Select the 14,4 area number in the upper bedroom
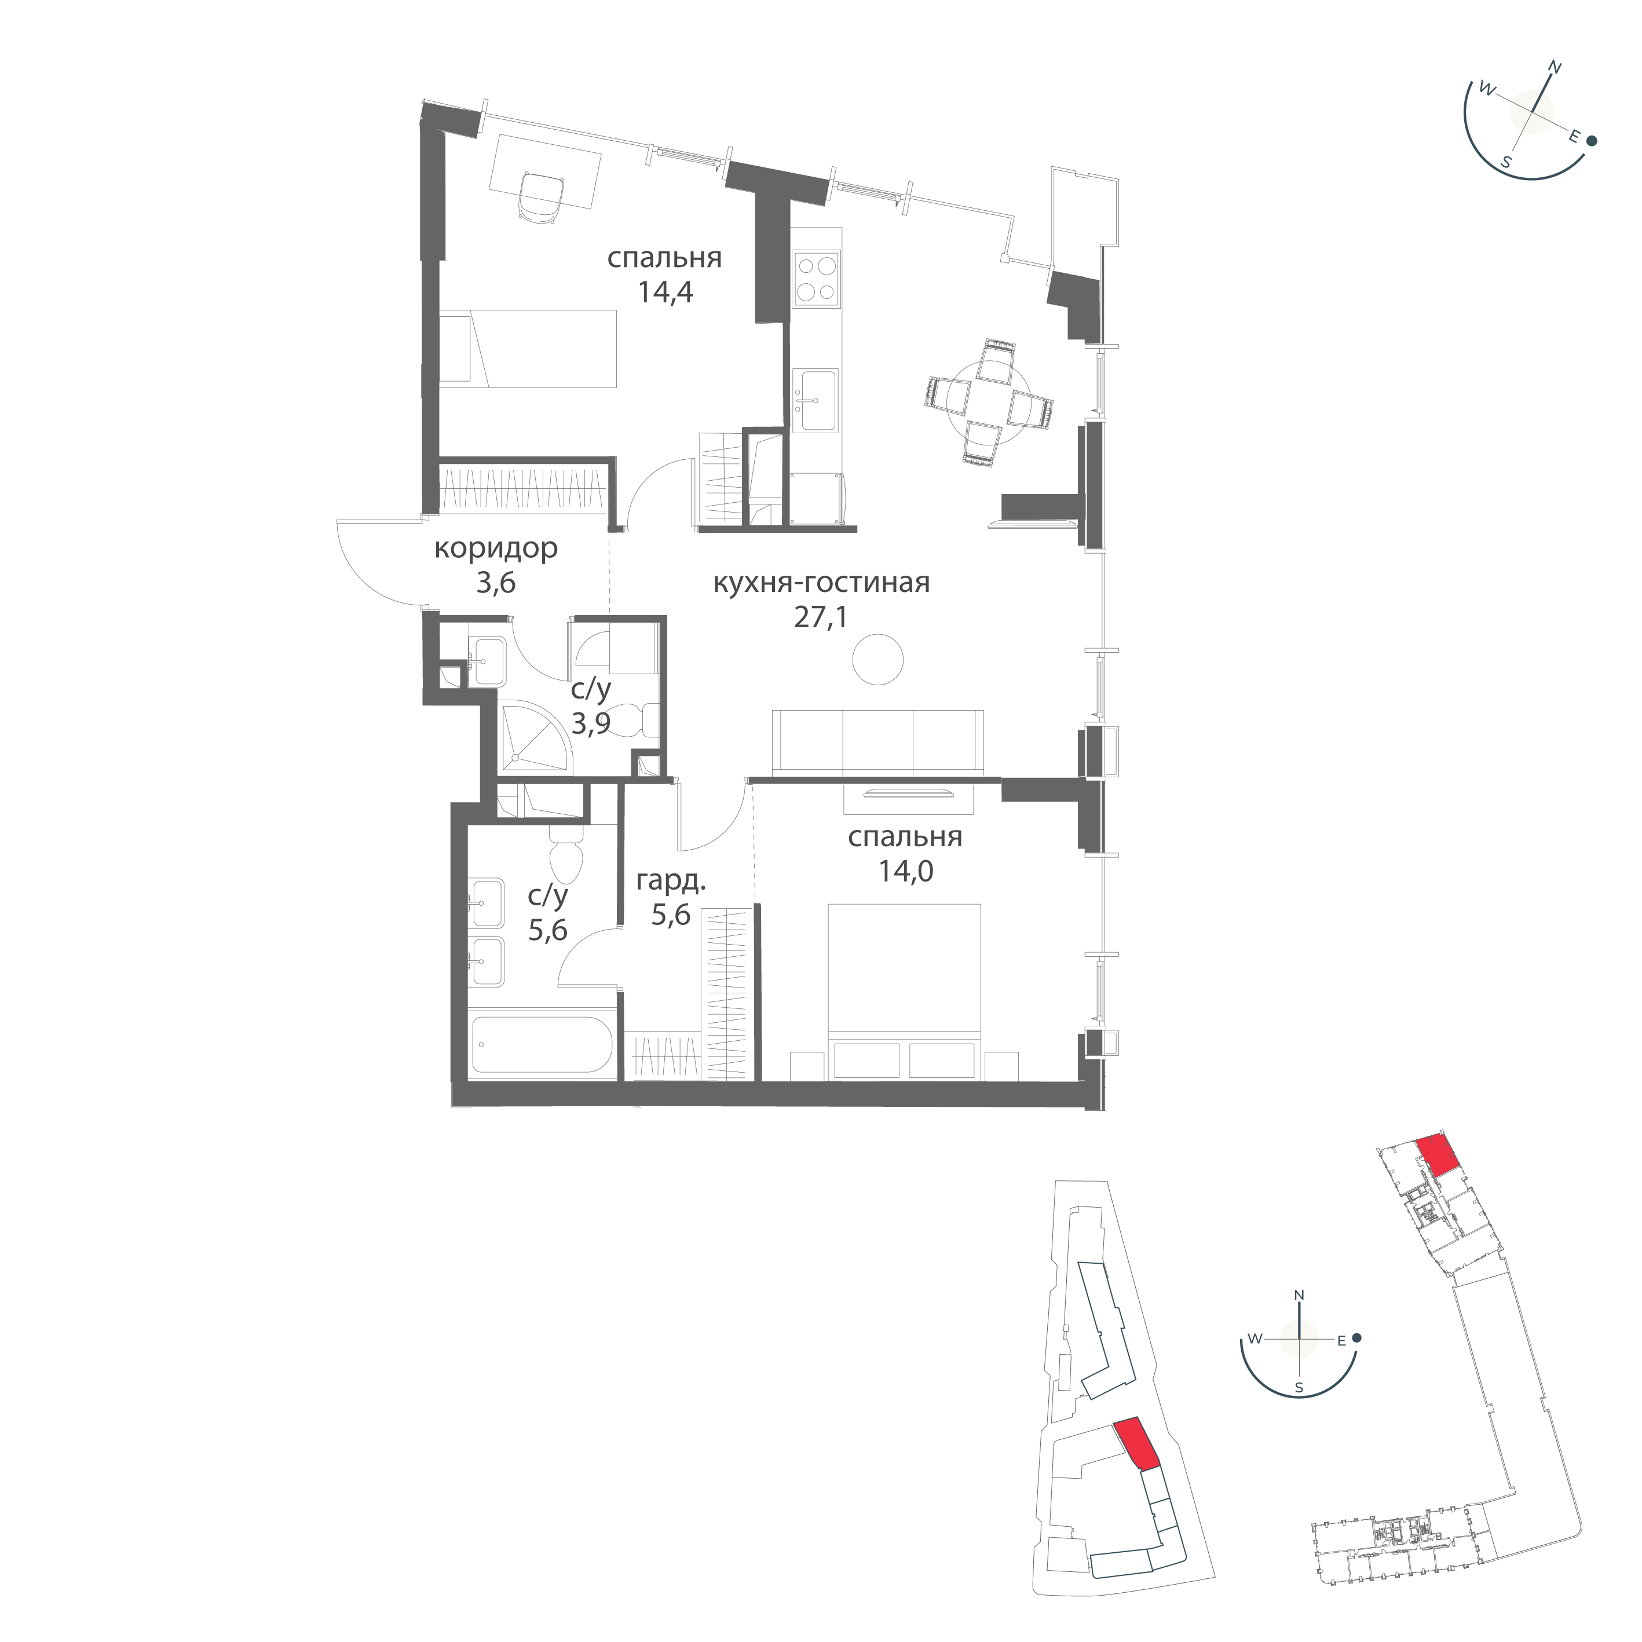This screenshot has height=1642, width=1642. tap(665, 292)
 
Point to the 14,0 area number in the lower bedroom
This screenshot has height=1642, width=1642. tap(905, 871)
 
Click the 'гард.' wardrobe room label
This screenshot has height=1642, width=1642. tap(671, 882)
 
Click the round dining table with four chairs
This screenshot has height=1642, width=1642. tap(989, 402)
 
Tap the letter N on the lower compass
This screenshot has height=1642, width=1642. tap(1299, 1320)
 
